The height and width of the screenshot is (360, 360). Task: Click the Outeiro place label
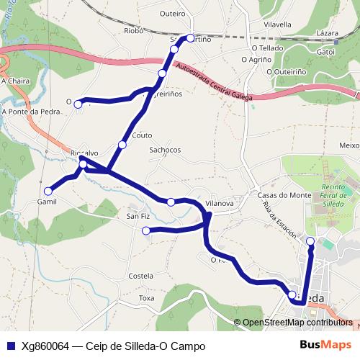pos(172,13)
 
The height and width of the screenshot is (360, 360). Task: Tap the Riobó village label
pos(134,31)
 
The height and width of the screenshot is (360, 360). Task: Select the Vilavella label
pos(277,24)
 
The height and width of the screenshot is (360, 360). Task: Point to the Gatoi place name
pos(326,52)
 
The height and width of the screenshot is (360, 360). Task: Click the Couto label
pos(143,135)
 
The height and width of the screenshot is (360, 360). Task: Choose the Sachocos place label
pos(165,150)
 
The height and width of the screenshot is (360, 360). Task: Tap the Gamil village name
pos(47,202)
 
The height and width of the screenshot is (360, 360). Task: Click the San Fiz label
pos(138,216)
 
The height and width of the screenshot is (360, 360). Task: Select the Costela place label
pos(140,276)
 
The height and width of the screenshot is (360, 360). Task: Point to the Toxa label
pos(147,297)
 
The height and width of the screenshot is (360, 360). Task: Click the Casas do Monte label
pos(284,195)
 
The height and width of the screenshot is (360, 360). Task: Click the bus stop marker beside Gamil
pos(48,191)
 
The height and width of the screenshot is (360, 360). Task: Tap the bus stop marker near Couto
pos(122,145)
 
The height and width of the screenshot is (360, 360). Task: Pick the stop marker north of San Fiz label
pos(171,202)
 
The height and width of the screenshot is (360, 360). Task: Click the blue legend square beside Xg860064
pos(11,346)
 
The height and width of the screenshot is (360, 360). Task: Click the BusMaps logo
pos(325,346)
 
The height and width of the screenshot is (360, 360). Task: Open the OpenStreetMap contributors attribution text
pos(297,323)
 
